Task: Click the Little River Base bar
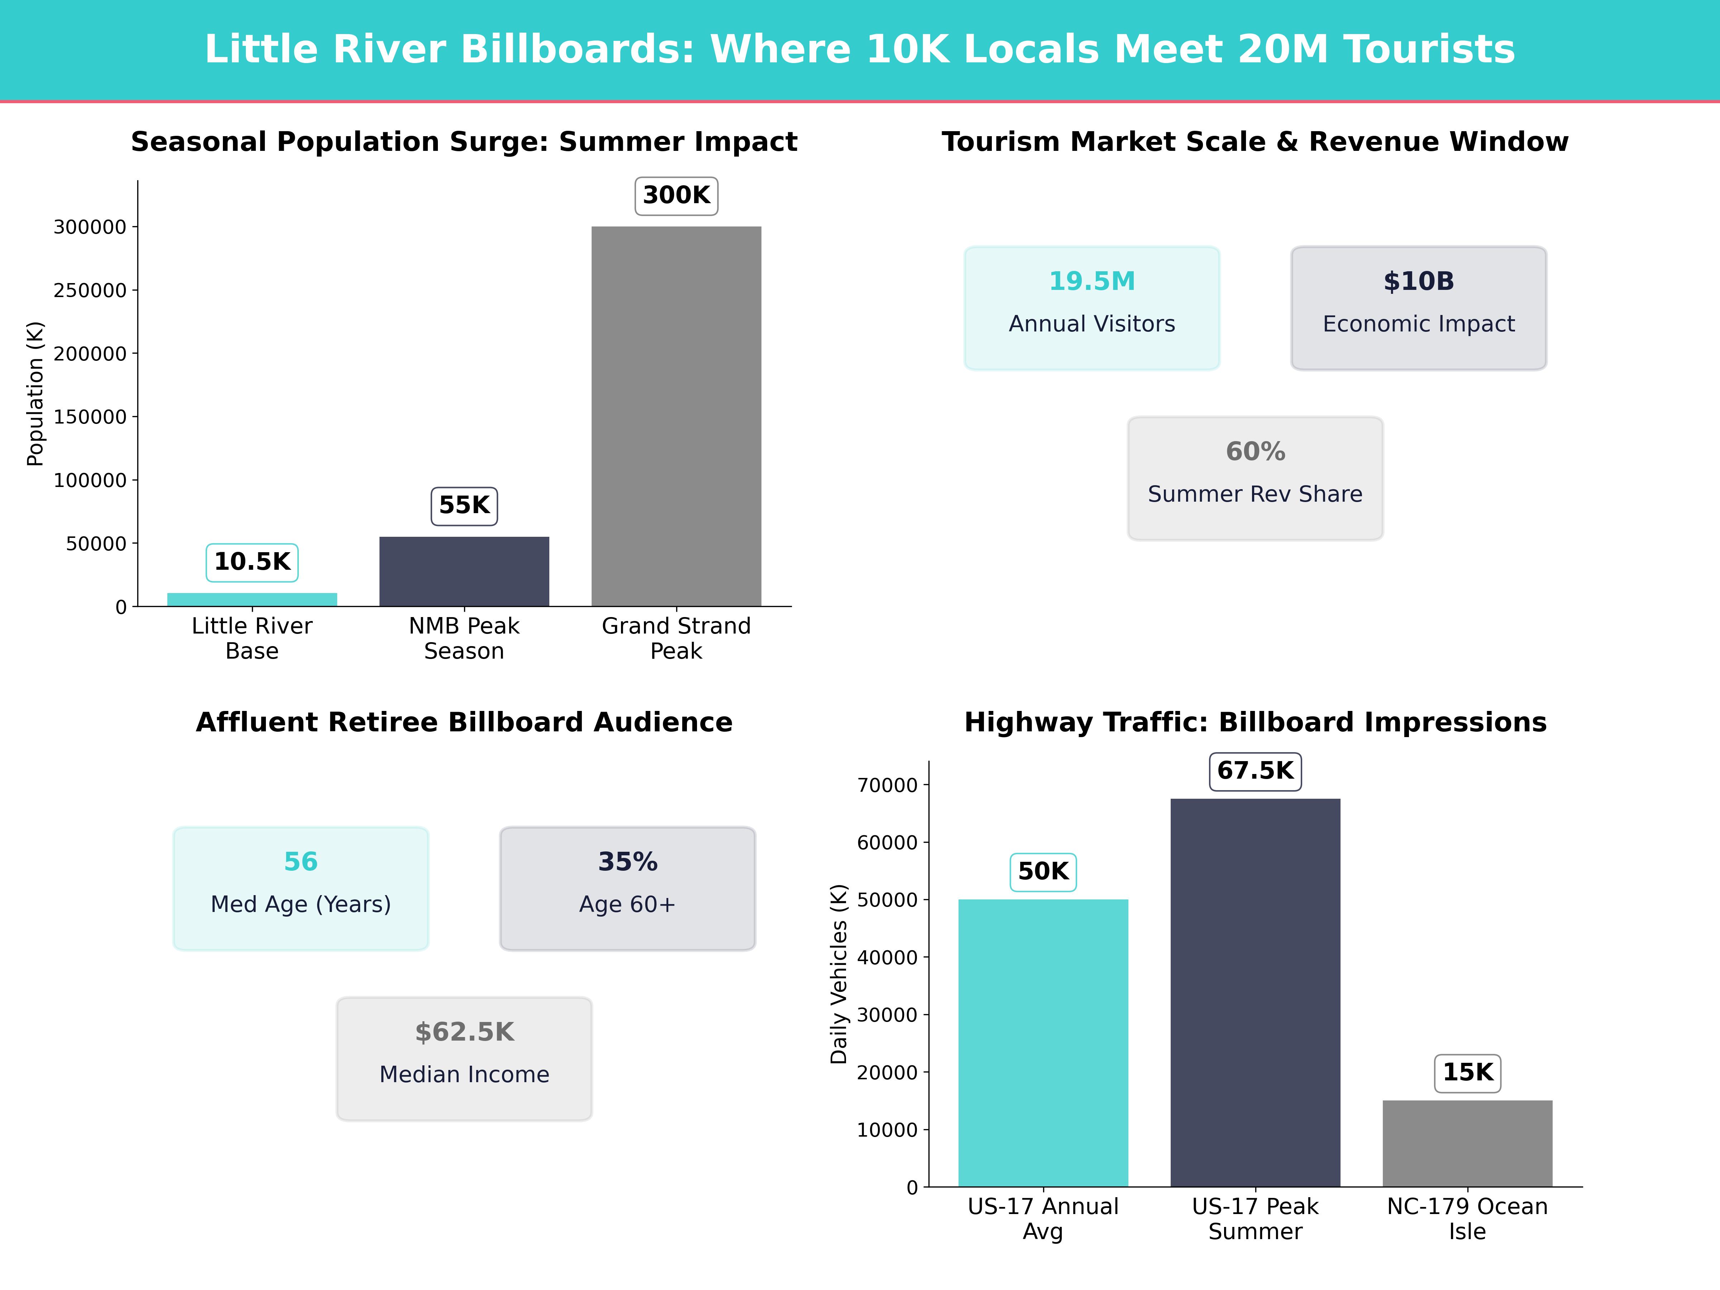[x=252, y=599]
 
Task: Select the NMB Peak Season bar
[x=464, y=572]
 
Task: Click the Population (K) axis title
[x=35, y=393]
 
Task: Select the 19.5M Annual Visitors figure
[x=1092, y=282]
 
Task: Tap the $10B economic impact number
[x=1418, y=282]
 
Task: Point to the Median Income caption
[x=464, y=1075]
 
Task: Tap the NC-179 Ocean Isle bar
[x=1467, y=1143]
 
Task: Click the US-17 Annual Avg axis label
[x=1043, y=1218]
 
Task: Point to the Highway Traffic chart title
[x=1255, y=722]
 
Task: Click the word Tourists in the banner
[x=1429, y=49]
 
